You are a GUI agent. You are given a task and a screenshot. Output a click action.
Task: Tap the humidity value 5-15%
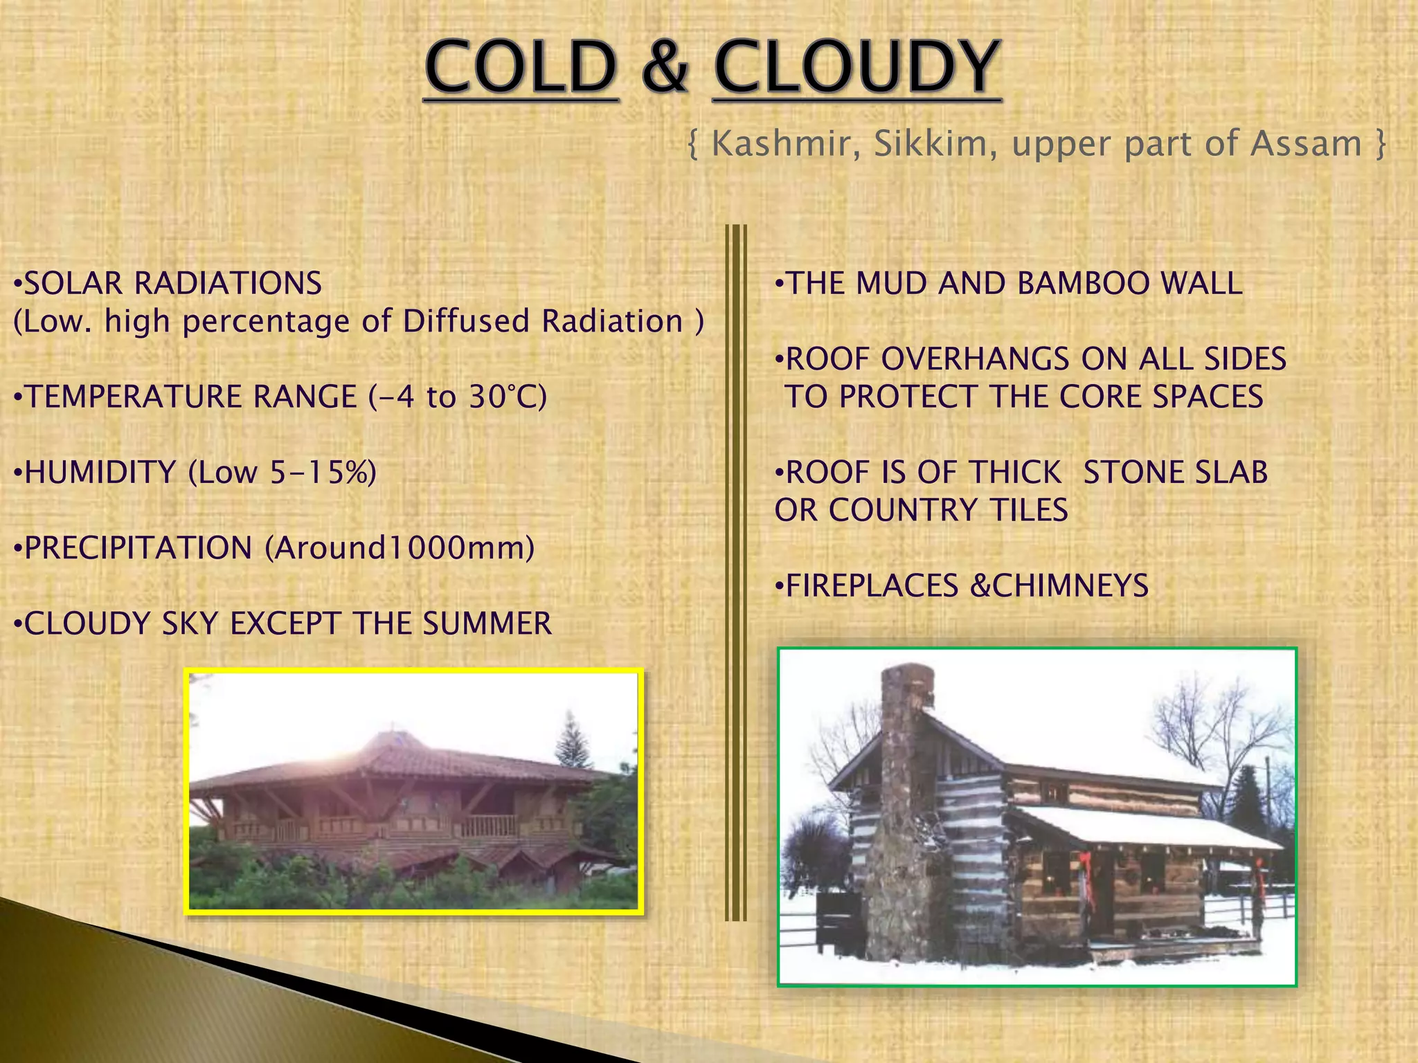(323, 473)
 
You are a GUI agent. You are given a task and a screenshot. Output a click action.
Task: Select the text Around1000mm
(400, 548)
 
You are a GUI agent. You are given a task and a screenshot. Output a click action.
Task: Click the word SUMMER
(487, 624)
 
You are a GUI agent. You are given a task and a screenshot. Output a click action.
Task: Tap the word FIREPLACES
(872, 586)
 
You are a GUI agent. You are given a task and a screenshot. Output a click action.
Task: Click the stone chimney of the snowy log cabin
(905, 796)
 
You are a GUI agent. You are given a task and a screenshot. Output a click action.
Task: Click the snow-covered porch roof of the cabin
(1149, 827)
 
